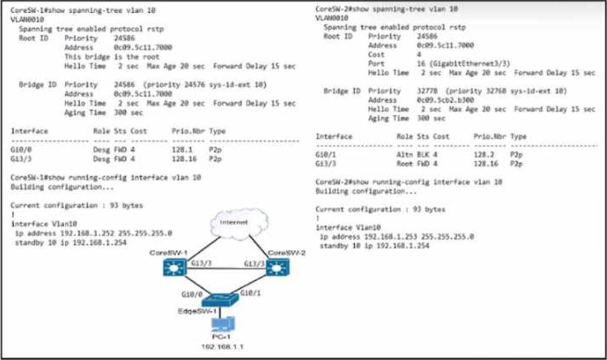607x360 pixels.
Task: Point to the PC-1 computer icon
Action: click(x=222, y=326)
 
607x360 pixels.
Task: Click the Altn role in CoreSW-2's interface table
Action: click(x=404, y=154)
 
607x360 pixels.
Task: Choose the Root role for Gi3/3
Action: click(x=404, y=163)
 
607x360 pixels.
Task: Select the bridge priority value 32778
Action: click(x=428, y=91)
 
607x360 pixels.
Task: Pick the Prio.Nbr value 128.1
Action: click(x=181, y=149)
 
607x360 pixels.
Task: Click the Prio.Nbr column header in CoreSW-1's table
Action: click(x=186, y=131)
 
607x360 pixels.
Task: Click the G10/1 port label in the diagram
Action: click(x=249, y=291)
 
